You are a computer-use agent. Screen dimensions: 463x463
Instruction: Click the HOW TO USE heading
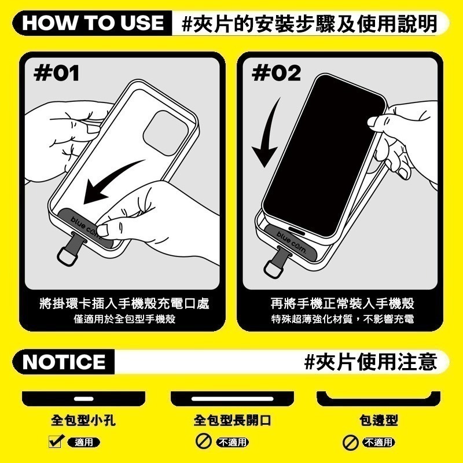point(94,23)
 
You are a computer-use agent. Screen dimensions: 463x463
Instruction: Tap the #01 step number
point(57,74)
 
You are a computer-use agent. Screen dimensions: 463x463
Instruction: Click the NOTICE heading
point(64,362)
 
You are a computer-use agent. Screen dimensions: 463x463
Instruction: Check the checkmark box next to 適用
point(56,443)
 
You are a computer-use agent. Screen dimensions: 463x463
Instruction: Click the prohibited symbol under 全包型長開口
point(203,443)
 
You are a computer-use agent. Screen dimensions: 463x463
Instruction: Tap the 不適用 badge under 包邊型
point(379,443)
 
